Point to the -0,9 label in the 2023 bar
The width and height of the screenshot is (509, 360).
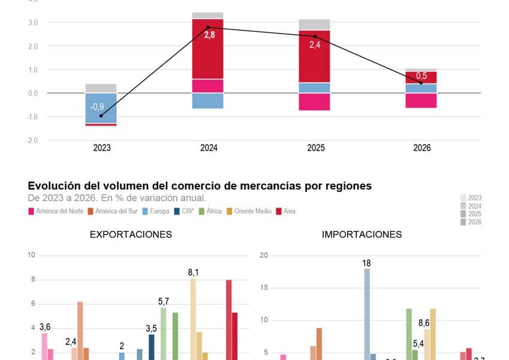[98, 107]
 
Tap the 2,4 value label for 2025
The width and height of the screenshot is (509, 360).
[315, 44]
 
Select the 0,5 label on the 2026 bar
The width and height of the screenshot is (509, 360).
[422, 76]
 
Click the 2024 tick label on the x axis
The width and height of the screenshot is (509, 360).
[209, 148]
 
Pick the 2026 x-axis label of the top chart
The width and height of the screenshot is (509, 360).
[421, 148]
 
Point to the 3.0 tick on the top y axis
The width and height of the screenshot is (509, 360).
[33, 23]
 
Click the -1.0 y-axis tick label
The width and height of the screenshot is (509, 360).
[32, 117]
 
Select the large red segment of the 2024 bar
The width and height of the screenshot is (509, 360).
[207, 49]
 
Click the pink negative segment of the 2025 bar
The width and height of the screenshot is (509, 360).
[314, 101]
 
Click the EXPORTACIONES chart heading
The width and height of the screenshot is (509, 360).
[131, 234]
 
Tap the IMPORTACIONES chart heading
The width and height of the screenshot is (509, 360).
[362, 234]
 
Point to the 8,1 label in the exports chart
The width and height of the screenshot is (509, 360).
[193, 272]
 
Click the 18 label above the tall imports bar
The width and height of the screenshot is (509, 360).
[366, 263]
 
